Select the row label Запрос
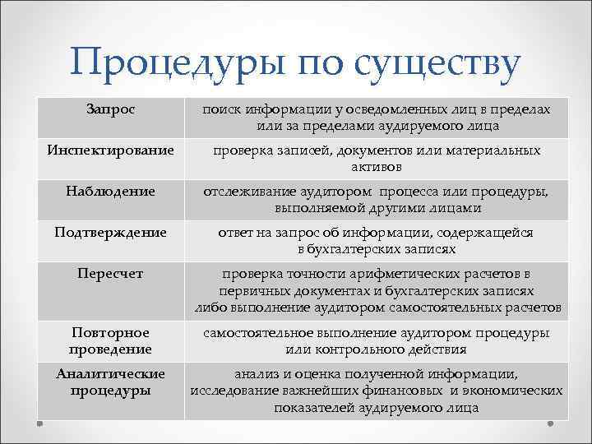pos(110,109)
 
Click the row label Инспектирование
pos(110,150)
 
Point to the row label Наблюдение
pos(110,192)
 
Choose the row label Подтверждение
pos(110,233)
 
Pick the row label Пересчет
pos(110,274)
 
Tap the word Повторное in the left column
pos(110,332)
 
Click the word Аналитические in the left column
pos(110,373)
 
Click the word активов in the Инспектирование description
pos(376,167)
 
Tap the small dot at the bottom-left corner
pos(39,424)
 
